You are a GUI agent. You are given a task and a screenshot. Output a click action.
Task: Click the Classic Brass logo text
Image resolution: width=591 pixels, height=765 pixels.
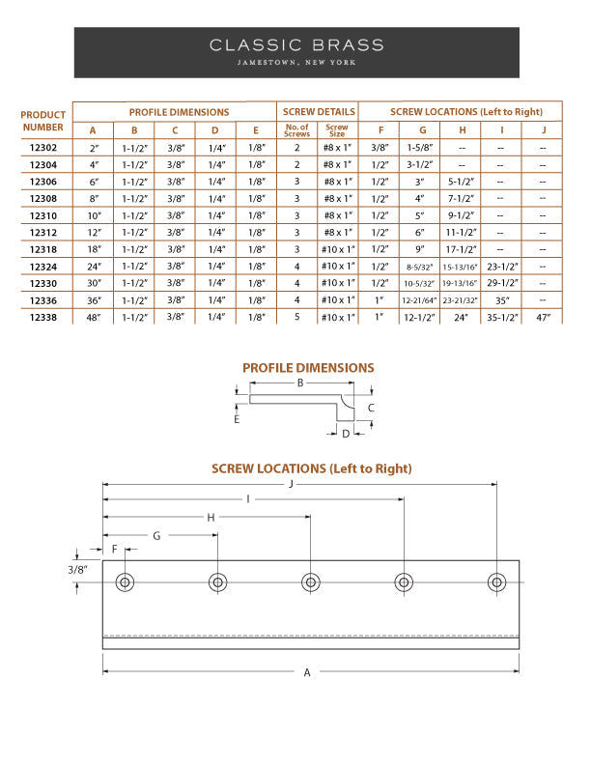tap(296, 44)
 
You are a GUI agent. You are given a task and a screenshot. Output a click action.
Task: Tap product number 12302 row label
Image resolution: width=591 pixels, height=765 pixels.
tap(43, 148)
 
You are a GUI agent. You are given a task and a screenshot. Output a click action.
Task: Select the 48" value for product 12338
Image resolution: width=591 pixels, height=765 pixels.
tap(93, 317)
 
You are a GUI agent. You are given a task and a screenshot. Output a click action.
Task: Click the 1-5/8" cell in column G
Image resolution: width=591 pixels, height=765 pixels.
tap(421, 148)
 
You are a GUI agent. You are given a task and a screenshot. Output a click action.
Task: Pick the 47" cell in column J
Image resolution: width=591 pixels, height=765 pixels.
tap(543, 317)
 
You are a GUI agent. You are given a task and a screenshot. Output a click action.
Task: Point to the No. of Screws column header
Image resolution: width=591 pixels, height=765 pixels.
tap(296, 130)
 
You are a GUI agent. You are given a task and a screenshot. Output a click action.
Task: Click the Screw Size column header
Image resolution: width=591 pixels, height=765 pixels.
tap(337, 130)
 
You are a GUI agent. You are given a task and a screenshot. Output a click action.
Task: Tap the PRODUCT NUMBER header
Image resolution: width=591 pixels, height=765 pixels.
tap(43, 121)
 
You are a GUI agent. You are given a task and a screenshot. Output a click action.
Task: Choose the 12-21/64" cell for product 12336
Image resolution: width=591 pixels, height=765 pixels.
tap(421, 300)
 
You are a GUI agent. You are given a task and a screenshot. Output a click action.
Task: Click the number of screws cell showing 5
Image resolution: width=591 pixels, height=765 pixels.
tap(296, 317)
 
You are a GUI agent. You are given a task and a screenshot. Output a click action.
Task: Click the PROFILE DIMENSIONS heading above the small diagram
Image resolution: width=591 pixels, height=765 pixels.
tap(308, 368)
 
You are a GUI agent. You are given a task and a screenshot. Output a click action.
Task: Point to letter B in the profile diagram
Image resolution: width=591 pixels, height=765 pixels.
tap(300, 383)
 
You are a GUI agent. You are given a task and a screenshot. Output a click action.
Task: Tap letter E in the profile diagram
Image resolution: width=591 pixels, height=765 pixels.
tap(236, 420)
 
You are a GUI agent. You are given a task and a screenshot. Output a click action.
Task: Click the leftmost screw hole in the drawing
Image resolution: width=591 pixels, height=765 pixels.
tap(124, 582)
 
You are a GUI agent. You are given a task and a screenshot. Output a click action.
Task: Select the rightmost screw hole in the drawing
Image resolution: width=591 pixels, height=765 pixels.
tap(496, 582)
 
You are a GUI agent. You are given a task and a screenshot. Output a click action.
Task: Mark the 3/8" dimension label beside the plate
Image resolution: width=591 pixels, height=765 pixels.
tap(77, 571)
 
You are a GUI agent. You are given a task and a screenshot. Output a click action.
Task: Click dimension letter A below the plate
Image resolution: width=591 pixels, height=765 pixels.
tap(307, 672)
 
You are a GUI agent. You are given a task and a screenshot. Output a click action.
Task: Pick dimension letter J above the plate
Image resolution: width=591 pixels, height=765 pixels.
tap(291, 485)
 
